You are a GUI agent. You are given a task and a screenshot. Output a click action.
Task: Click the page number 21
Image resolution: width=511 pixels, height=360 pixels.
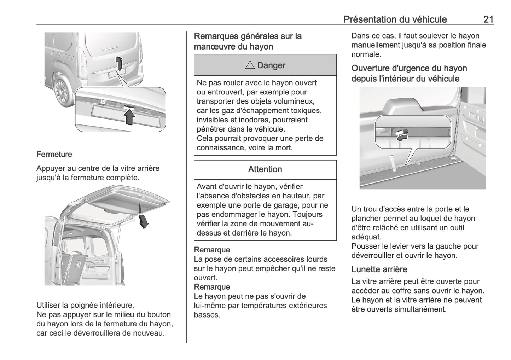click(488, 19)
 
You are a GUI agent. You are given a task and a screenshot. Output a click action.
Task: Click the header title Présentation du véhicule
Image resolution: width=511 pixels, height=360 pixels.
click(395, 19)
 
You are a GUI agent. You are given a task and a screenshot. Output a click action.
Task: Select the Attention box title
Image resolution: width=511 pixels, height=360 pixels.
click(265, 169)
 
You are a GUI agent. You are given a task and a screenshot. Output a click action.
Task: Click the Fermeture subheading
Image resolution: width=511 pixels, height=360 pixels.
click(54, 155)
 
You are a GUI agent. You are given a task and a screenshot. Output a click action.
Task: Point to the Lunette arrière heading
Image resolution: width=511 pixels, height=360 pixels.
click(379, 269)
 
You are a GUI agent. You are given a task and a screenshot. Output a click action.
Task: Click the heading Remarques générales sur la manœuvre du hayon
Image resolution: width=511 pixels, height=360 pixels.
click(248, 41)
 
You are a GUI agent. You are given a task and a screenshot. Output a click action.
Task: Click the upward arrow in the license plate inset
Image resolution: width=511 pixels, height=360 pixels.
click(130, 117)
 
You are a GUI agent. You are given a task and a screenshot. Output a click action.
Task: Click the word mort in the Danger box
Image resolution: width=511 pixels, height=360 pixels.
click(284, 148)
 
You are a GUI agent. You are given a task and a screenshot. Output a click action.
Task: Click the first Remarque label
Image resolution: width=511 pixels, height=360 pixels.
click(212, 250)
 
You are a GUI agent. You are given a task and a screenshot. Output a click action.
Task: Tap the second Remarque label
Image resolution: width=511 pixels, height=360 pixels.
click(212, 287)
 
